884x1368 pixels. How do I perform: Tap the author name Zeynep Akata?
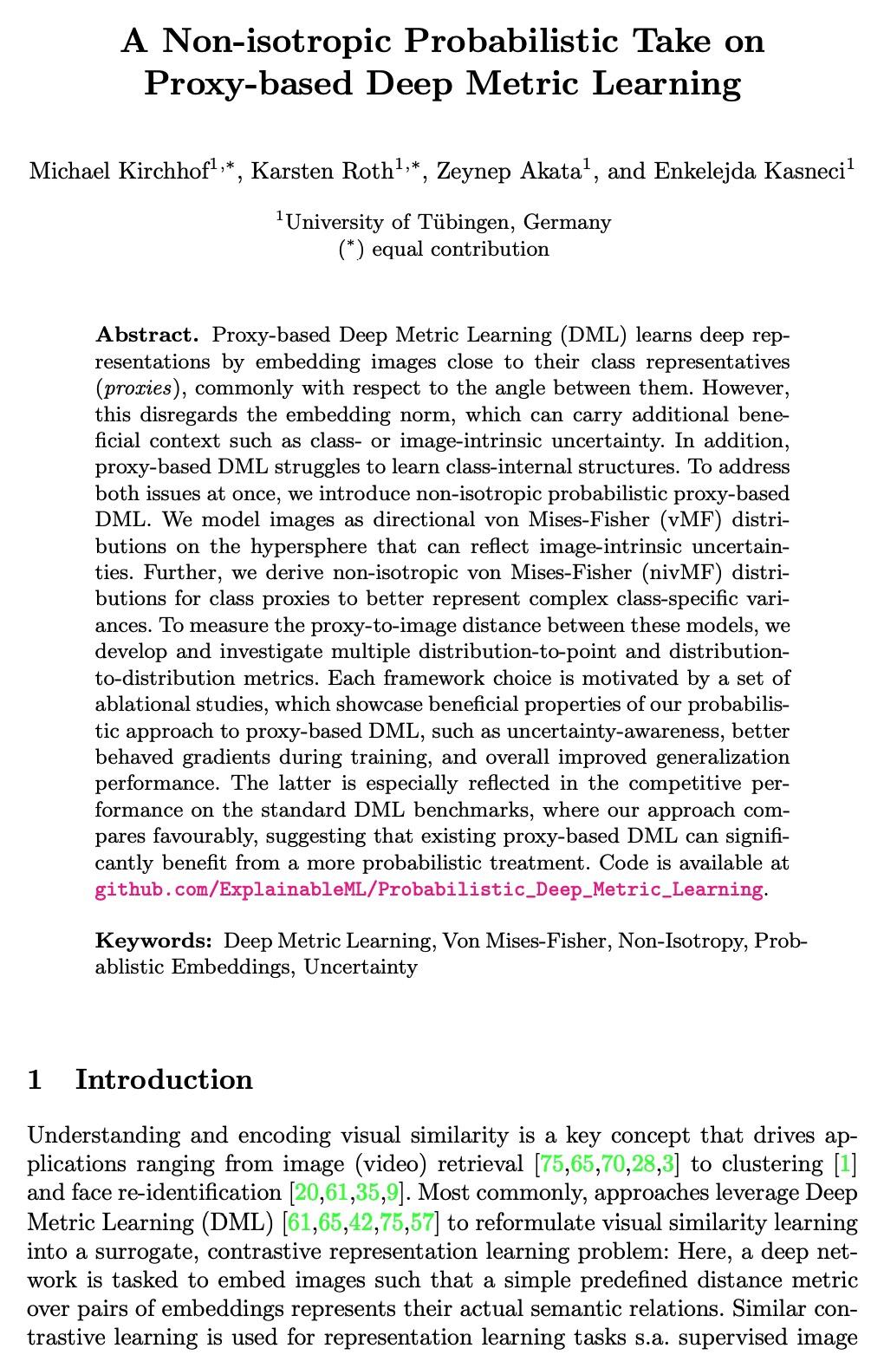coord(507,171)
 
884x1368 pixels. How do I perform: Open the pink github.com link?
coord(429,890)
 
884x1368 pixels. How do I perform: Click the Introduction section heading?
coord(164,1079)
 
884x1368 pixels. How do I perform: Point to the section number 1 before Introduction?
coord(36,1079)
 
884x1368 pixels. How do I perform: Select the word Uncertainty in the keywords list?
coord(361,967)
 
